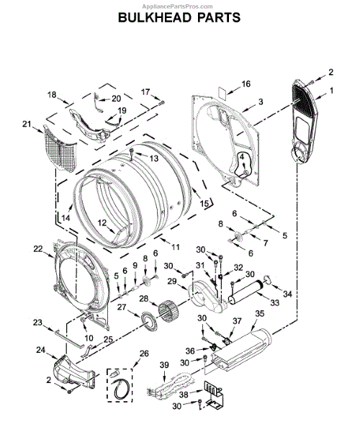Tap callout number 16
(x=246, y=84)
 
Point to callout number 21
(x=27, y=125)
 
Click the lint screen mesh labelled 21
(x=60, y=149)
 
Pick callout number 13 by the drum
(x=154, y=158)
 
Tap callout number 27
(x=122, y=307)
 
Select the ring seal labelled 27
(x=149, y=323)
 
